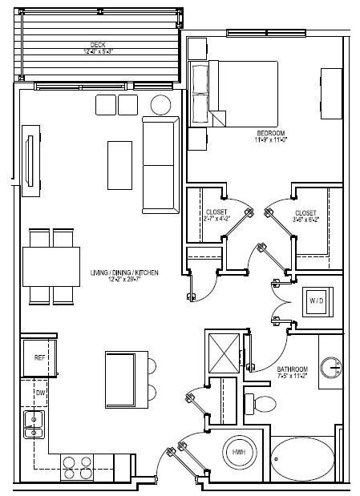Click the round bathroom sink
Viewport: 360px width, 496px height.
[x=332, y=369]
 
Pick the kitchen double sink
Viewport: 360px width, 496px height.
[x=33, y=425]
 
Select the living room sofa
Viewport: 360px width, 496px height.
[x=160, y=163]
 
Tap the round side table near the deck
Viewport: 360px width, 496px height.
[x=161, y=104]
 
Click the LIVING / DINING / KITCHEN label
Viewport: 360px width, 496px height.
[x=124, y=273]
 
